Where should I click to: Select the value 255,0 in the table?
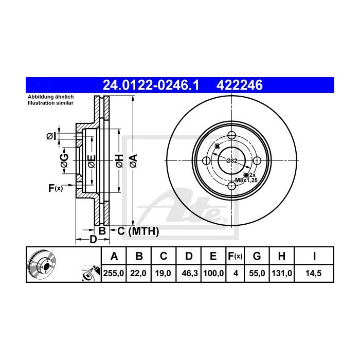114,274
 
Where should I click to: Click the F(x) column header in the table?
235,256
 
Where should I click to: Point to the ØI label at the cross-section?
51,136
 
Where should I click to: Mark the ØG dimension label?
65,160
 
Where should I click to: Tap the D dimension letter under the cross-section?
93,240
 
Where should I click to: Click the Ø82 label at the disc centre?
232,161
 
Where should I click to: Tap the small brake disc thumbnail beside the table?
43,265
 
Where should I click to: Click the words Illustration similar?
50,102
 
